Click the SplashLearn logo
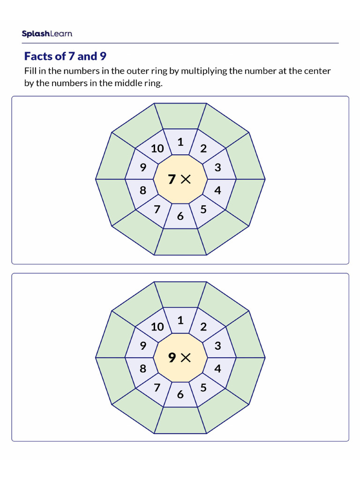coord(47,34)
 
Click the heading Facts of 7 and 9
coord(65,57)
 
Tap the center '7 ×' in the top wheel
coord(180,179)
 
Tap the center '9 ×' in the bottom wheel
coord(180,358)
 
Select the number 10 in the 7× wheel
coord(157,149)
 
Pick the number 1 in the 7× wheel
coord(180,142)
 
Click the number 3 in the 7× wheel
coord(217,168)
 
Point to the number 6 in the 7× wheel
coord(180,216)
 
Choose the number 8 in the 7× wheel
coord(143,190)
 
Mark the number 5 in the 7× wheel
coord(203,209)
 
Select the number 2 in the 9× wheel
coord(203,327)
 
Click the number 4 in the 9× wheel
coord(217,369)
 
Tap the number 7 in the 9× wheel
coord(157,388)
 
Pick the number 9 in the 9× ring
coord(143,346)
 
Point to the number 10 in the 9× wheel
coord(157,327)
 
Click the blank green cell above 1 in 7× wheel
coord(180,116)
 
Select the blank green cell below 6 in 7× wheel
coord(180,242)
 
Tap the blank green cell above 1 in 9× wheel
coord(180,294)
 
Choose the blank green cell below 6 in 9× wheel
coord(180,420)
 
